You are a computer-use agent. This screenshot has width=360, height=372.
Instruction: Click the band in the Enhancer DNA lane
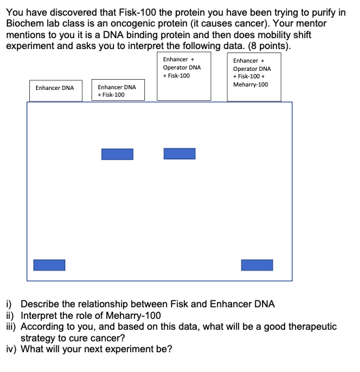[50, 264]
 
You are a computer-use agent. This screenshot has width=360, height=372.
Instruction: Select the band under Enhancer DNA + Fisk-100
[117, 154]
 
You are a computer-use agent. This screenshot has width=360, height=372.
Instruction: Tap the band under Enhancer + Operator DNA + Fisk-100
[180, 153]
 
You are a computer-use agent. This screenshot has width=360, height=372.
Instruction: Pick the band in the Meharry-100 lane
[257, 264]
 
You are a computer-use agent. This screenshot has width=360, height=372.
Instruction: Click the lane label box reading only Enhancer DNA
[55, 88]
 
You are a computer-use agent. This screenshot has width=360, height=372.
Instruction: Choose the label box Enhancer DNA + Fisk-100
[117, 91]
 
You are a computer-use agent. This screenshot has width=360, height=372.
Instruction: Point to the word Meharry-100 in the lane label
[250, 84]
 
